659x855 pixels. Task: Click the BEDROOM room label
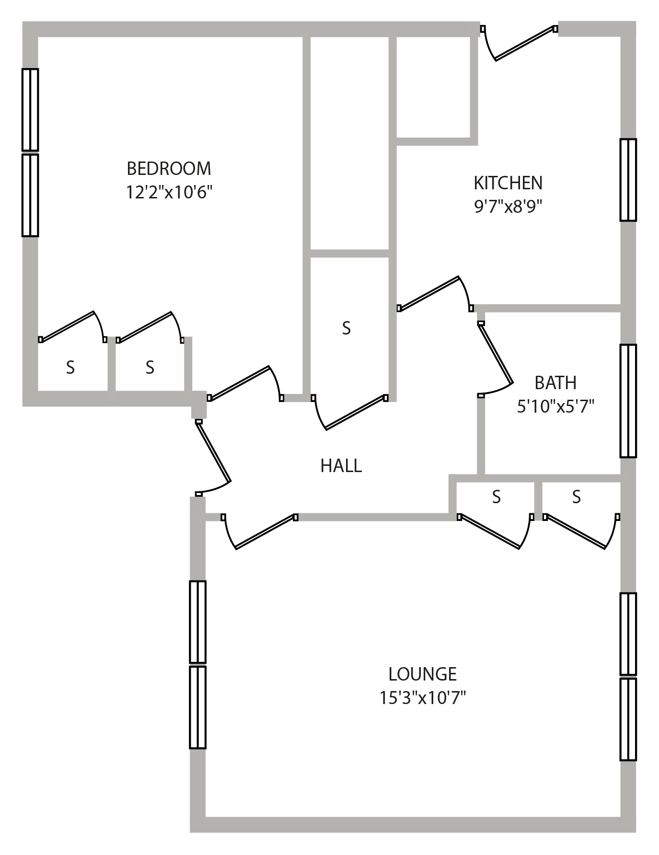pyautogui.click(x=169, y=169)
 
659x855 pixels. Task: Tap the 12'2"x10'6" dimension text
pyautogui.click(x=169, y=192)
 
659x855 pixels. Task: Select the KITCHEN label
pyautogui.click(x=508, y=183)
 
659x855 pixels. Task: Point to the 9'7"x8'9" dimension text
pyautogui.click(x=508, y=207)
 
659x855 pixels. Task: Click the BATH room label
pyautogui.click(x=555, y=383)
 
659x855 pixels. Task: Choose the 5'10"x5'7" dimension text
pyautogui.click(x=555, y=406)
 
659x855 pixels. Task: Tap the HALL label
pyautogui.click(x=341, y=466)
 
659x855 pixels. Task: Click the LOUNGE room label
pyautogui.click(x=422, y=674)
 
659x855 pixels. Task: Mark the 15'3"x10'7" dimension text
pyautogui.click(x=422, y=698)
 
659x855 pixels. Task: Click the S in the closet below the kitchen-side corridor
pyautogui.click(x=346, y=328)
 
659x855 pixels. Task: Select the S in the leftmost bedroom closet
pyautogui.click(x=70, y=368)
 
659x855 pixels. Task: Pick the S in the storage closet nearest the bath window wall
pyautogui.click(x=576, y=497)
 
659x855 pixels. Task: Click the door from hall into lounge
pyautogui.click(x=259, y=531)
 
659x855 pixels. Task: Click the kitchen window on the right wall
pyautogui.click(x=628, y=180)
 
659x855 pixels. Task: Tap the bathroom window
pyautogui.click(x=628, y=401)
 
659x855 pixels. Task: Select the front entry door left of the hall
pyautogui.click(x=213, y=458)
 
